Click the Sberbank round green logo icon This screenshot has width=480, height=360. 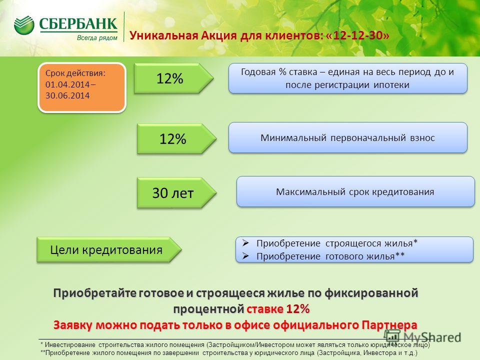[24, 25]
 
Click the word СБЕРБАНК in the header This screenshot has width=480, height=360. [78, 24]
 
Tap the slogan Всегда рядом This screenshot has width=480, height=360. [97, 38]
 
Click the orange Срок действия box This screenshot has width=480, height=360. [82, 87]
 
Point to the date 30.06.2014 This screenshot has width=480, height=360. [67, 95]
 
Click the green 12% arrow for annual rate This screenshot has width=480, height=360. [173, 78]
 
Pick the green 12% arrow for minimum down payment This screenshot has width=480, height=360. [176, 138]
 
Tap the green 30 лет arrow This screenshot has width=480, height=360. [176, 193]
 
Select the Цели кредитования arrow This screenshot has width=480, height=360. [109, 250]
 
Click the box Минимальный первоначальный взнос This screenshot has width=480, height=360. [348, 138]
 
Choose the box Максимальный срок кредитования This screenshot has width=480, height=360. [355, 191]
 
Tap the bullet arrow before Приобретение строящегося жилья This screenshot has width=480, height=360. [245, 243]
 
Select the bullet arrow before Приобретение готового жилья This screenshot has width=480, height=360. [245, 256]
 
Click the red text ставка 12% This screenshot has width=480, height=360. [278, 309]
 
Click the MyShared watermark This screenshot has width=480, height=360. [422, 336]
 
